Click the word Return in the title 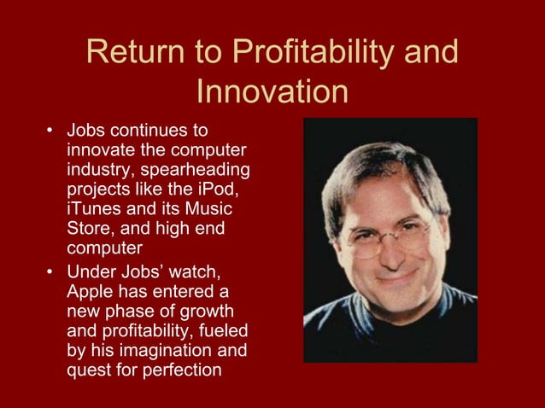point(138,54)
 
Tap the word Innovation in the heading point(272,92)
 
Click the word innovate point(99,150)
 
